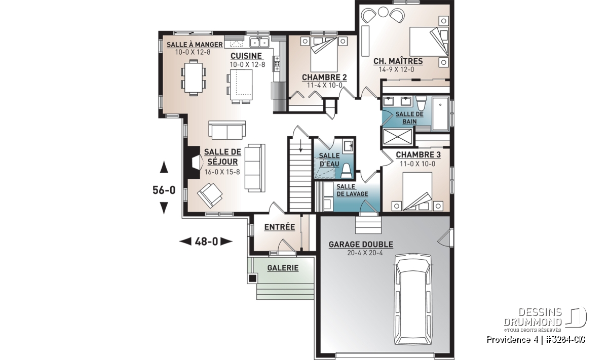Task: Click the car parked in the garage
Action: (413, 300)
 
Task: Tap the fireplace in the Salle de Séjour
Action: (194, 163)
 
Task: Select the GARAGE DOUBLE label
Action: (361, 245)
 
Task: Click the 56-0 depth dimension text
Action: (164, 190)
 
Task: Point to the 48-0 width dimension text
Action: (206, 241)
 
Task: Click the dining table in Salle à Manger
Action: (193, 78)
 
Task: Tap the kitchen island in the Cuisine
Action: (241, 85)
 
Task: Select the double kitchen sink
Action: (259, 43)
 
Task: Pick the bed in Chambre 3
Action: (417, 191)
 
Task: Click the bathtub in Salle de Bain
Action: (440, 113)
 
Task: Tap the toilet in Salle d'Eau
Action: (347, 171)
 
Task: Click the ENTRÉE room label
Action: (279, 227)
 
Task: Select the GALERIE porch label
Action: (283, 268)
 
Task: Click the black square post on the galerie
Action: (252, 278)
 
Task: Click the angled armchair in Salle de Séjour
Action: (210, 195)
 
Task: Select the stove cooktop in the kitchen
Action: (277, 64)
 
